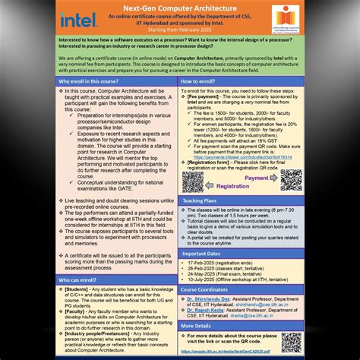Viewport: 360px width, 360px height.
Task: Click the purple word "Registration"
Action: pyautogui.click(x=233, y=187)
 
